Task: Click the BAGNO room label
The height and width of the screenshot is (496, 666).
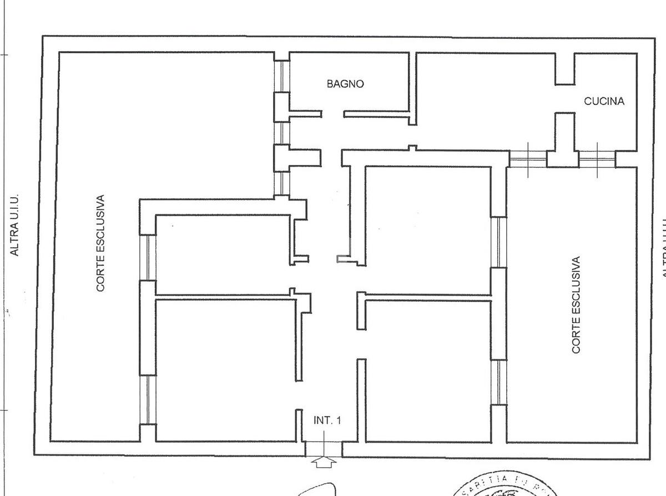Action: (345, 84)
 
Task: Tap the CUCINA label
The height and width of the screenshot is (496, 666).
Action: (604, 101)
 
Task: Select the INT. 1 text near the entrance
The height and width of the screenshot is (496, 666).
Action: (327, 420)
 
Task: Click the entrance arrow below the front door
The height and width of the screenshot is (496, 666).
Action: (325, 462)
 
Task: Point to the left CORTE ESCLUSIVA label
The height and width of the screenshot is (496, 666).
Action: (100, 243)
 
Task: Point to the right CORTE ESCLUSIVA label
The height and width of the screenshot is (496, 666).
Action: (576, 304)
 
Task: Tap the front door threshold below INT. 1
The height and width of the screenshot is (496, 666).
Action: (324, 448)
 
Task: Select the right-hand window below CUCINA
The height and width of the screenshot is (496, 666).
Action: (597, 159)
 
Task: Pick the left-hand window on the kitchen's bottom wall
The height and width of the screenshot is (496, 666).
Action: (528, 159)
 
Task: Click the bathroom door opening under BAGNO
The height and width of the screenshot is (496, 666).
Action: (333, 114)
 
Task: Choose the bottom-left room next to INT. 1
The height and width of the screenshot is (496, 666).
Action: (225, 369)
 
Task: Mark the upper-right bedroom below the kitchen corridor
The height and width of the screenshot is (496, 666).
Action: (427, 222)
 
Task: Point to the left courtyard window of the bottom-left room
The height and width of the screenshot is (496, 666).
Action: (148, 400)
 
